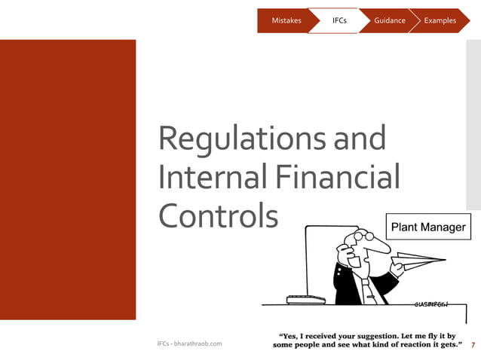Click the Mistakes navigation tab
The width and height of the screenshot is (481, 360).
coord(286,20)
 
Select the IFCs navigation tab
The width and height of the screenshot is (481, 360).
coord(339,20)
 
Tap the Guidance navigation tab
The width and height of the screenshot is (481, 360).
coord(389,20)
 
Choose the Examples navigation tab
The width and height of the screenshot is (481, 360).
coord(440,20)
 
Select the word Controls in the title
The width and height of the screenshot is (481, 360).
coord(218,216)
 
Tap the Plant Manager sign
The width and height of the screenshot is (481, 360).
coord(427,227)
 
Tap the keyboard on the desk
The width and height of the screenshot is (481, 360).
coord(305,299)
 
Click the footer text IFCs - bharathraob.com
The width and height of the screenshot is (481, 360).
coord(189,343)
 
